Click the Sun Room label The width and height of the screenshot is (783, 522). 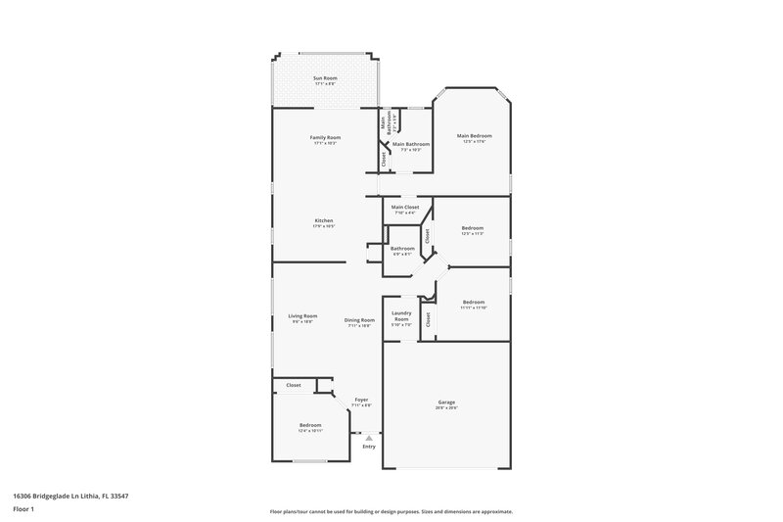[x=325, y=77]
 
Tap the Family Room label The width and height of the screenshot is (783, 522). [x=325, y=137]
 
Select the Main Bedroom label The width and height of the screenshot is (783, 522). [x=475, y=136]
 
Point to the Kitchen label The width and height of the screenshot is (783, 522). [x=325, y=220]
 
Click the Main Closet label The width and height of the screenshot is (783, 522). [x=405, y=208]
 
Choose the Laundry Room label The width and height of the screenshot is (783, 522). [x=401, y=317]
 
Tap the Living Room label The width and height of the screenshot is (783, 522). [x=302, y=315]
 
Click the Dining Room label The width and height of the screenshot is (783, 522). [x=359, y=320]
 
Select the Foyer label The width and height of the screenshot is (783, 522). [x=361, y=400]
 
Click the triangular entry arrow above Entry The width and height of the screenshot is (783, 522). [x=369, y=438]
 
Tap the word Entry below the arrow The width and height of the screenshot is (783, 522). [x=369, y=447]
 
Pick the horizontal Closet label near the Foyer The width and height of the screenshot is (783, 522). [x=294, y=386]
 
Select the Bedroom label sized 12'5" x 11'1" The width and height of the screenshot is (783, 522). [x=473, y=228]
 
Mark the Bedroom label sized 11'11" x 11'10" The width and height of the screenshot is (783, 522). [x=474, y=302]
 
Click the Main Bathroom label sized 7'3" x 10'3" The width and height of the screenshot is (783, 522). [x=411, y=144]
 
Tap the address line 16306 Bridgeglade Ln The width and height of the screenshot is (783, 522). [x=71, y=497]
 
